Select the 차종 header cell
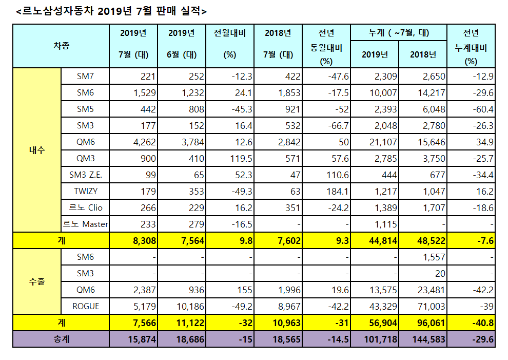pos(61,46)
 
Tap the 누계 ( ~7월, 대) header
pos(399,33)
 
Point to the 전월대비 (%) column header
pos(229,45)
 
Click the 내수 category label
pos(37,150)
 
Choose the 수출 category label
pos(37,281)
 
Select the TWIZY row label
pos(85,191)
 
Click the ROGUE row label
pos(85,306)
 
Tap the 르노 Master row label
pos(85,224)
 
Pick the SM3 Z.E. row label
pos(85,175)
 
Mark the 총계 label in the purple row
pos(61,339)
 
